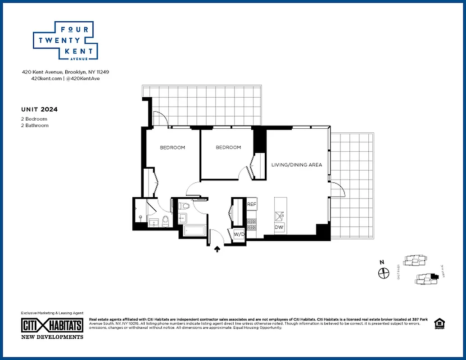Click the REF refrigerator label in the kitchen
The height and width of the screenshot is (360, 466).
pyautogui.click(x=251, y=204)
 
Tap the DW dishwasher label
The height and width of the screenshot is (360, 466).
pyautogui.click(x=279, y=227)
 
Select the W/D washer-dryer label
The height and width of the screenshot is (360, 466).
pyautogui.click(x=238, y=234)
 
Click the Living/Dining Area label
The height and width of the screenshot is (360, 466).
pyautogui.click(x=296, y=165)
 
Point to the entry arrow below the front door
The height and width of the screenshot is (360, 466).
pyautogui.click(x=217, y=248)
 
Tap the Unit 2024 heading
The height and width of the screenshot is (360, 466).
pyautogui.click(x=39, y=109)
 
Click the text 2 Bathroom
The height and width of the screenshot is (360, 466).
pyautogui.click(x=35, y=126)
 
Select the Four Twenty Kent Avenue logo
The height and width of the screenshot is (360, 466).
pyautogui.click(x=66, y=40)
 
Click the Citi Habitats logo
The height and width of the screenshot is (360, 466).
pyautogui.click(x=52, y=325)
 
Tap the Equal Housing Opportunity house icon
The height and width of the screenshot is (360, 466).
pyautogui.click(x=438, y=324)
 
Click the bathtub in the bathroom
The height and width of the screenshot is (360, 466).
pyautogui.click(x=194, y=232)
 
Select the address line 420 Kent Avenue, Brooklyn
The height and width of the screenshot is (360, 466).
pyautogui.click(x=66, y=72)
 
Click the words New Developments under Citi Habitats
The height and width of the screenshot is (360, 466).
pyautogui.click(x=52, y=337)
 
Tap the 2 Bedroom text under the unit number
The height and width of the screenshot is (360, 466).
pyautogui.click(x=34, y=119)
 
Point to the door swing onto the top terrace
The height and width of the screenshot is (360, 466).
pyautogui.click(x=161, y=118)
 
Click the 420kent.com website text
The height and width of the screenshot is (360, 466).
pyautogui.click(x=46, y=78)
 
